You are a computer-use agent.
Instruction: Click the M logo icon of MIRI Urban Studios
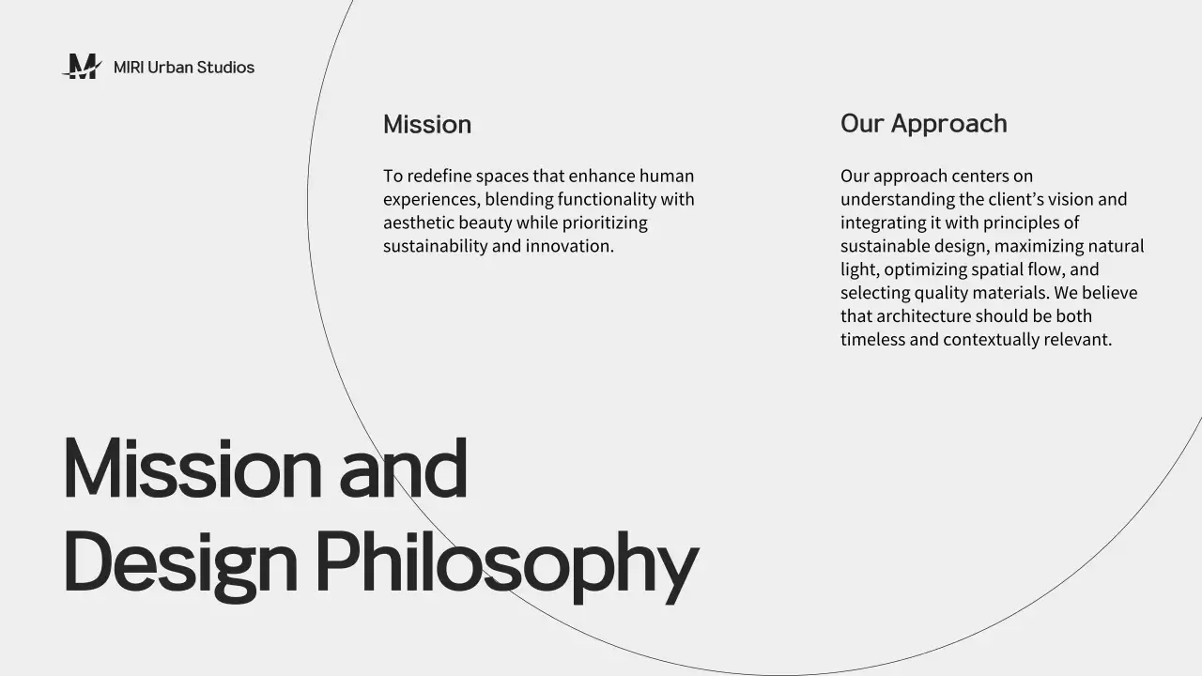82,67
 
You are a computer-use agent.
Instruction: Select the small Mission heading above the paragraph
427,125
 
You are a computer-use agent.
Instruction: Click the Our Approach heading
923,124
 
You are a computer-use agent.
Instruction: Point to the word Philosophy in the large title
506,563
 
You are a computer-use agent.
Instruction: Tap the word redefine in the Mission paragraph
439,177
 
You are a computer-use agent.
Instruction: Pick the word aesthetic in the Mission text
418,223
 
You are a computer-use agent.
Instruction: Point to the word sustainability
435,247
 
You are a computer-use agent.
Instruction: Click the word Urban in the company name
170,68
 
